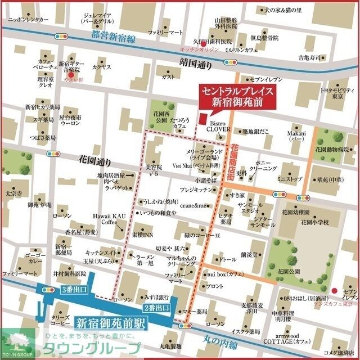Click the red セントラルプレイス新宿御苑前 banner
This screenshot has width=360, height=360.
238,97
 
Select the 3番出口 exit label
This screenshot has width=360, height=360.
73,290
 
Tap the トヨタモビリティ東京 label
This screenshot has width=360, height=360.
337,93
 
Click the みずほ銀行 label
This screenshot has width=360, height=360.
157,296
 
